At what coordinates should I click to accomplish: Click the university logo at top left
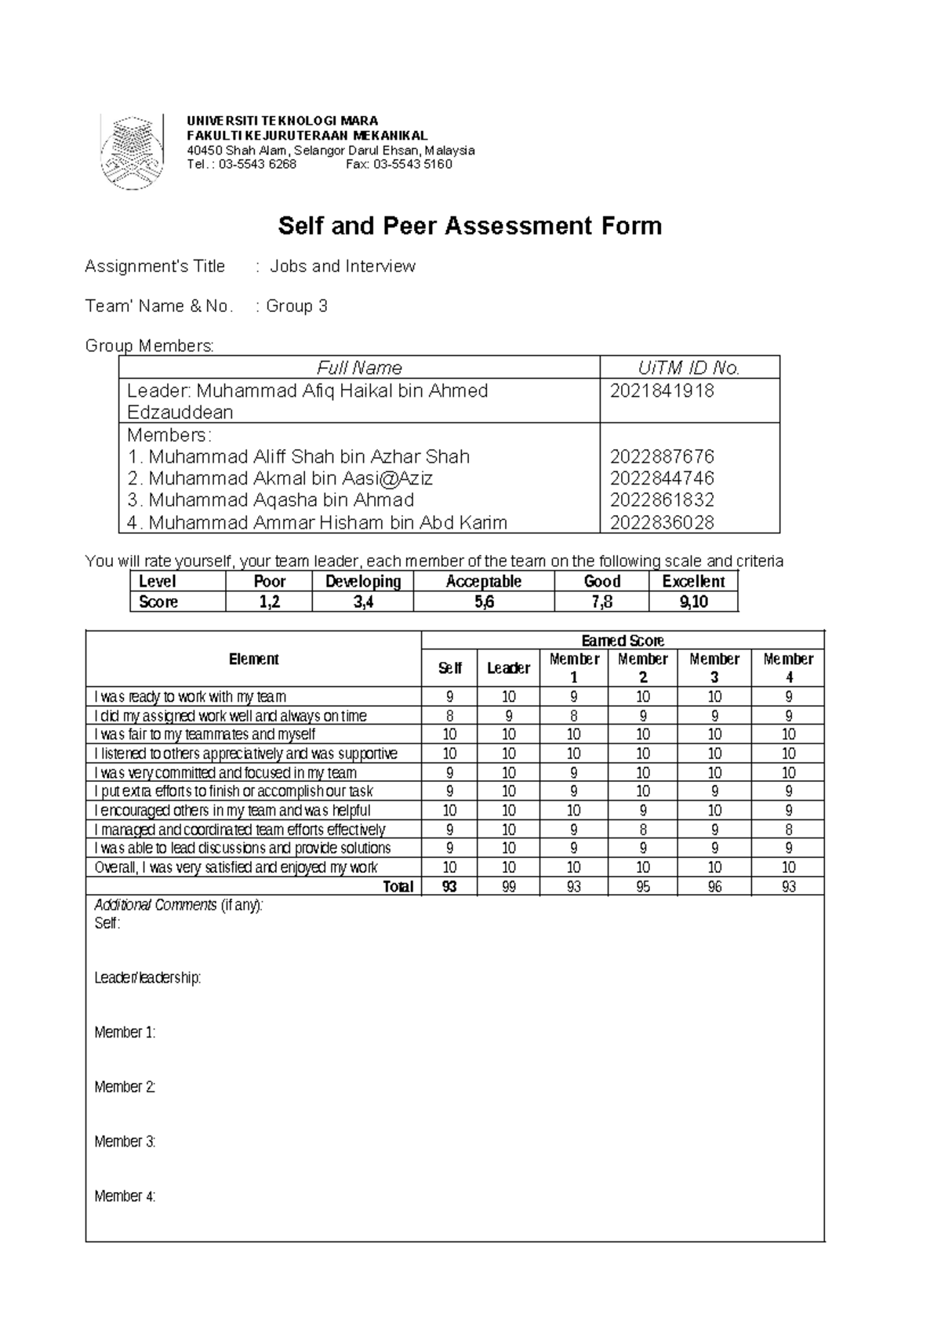[132, 152]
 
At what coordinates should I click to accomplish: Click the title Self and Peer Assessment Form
[470, 227]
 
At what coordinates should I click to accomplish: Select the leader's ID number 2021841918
[662, 391]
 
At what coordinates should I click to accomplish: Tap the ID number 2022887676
[662, 456]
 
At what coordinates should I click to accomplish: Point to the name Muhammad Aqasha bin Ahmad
[281, 500]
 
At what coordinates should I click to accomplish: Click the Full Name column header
[359, 368]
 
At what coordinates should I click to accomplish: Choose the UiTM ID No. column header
[688, 368]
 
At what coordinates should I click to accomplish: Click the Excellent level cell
[693, 582]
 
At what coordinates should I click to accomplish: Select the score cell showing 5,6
[483, 602]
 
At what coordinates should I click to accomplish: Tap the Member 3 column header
[714, 667]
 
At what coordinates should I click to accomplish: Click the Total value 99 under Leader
[508, 887]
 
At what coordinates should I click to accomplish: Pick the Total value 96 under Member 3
[714, 887]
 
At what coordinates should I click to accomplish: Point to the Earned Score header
[623, 641]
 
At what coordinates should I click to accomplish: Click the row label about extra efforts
[233, 791]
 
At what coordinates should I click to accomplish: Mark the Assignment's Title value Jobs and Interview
[343, 267]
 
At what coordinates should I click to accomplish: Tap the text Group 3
[296, 307]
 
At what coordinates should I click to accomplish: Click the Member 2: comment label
[125, 1087]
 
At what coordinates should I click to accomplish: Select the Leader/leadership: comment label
[147, 978]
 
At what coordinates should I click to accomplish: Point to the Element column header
[253, 660]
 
